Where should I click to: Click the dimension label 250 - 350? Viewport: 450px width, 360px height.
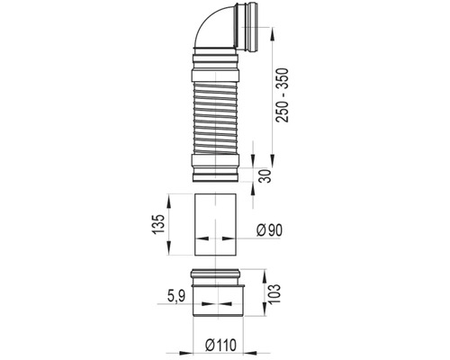(x=283, y=95)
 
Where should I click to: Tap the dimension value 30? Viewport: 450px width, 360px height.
(x=265, y=175)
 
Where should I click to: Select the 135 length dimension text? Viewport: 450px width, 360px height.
(x=157, y=224)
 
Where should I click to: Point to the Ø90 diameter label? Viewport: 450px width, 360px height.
(x=269, y=230)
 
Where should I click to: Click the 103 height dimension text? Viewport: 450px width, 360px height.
(x=274, y=293)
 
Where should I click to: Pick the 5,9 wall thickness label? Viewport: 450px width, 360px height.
(x=176, y=296)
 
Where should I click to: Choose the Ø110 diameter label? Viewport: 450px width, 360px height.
(x=221, y=346)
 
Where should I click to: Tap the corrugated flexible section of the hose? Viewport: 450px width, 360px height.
(x=215, y=118)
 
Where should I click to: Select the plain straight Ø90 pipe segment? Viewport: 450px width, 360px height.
(x=215, y=225)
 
